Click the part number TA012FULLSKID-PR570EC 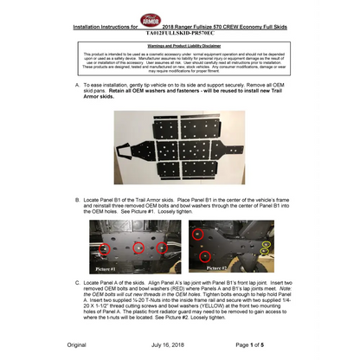(181, 32)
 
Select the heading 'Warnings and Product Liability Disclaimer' (181, 43)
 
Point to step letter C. (78, 283)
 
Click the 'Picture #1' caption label (107, 269)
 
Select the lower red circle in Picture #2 (205, 257)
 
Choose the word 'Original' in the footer (77, 345)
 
